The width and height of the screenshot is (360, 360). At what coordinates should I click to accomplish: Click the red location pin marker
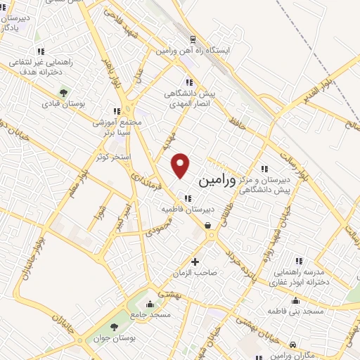(181, 164)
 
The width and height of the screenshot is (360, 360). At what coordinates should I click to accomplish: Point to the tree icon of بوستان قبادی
(65, 92)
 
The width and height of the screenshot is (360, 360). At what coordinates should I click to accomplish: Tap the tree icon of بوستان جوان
(115, 327)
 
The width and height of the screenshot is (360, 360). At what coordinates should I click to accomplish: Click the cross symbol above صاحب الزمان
(195, 262)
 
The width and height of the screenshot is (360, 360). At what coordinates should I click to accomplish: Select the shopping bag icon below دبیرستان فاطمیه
(208, 226)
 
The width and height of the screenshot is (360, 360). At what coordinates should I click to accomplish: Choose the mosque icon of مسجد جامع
(148, 306)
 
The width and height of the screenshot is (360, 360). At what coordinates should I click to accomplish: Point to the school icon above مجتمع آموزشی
(117, 110)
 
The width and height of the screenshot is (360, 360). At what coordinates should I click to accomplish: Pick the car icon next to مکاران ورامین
(292, 343)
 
